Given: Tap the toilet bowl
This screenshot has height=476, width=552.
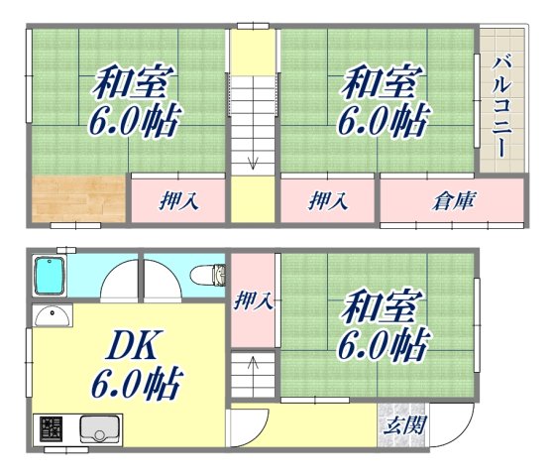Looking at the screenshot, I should click(207, 274).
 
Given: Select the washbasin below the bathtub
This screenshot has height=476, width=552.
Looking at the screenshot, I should click(52, 316).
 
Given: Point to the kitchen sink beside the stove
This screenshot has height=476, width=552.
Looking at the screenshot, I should click(98, 429).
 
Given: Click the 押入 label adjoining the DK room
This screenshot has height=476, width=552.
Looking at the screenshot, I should click(254, 300).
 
